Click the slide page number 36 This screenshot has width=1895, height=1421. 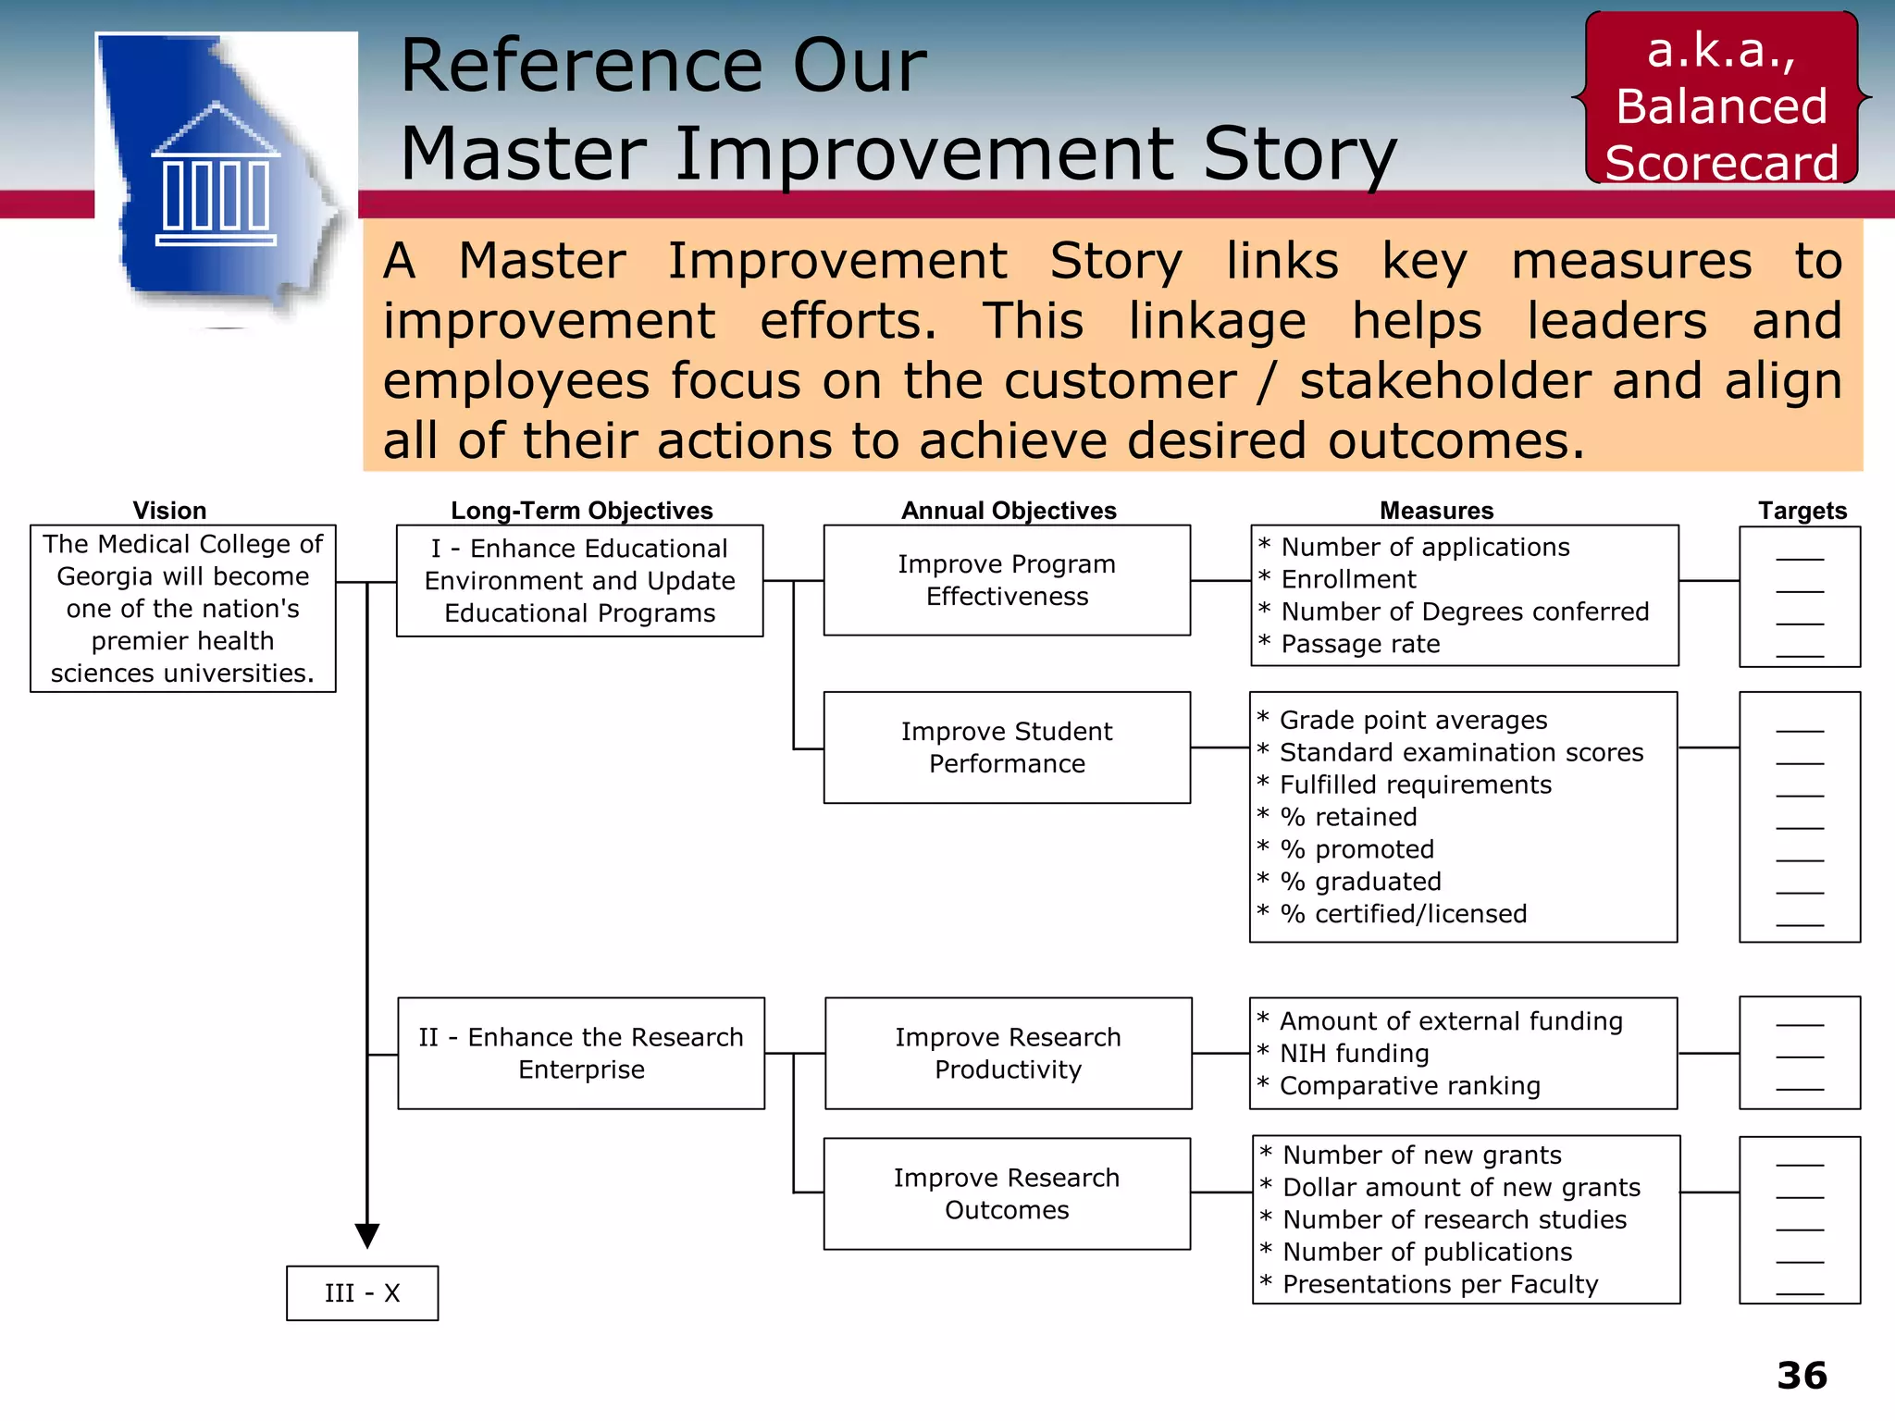1801,1376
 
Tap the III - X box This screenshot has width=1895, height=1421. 362,1292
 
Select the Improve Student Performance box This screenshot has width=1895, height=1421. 1007,748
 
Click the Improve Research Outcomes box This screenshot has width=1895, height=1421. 1007,1193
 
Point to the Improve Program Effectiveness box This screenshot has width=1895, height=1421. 1007,580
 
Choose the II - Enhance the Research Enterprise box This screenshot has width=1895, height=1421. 581,1053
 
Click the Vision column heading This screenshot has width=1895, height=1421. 169,511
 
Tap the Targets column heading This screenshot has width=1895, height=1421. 1802,511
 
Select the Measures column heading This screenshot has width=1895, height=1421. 1436,511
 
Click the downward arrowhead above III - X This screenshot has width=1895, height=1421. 367,1235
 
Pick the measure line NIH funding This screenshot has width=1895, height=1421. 1354,1054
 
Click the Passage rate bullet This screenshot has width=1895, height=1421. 1360,644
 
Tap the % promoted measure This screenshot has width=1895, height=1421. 1356,849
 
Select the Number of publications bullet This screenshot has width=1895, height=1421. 1427,1252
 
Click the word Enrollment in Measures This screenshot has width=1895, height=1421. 1348,579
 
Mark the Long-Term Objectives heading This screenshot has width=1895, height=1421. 581,511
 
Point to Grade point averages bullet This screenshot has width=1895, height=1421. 1413,720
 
